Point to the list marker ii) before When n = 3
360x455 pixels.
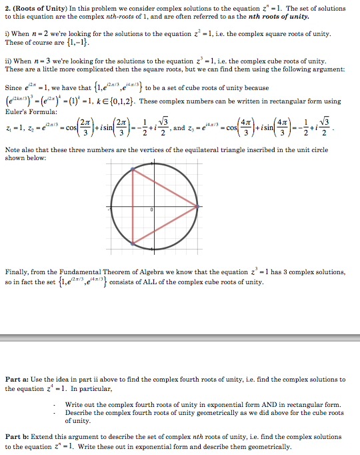click(8, 61)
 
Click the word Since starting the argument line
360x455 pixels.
click(13, 87)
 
